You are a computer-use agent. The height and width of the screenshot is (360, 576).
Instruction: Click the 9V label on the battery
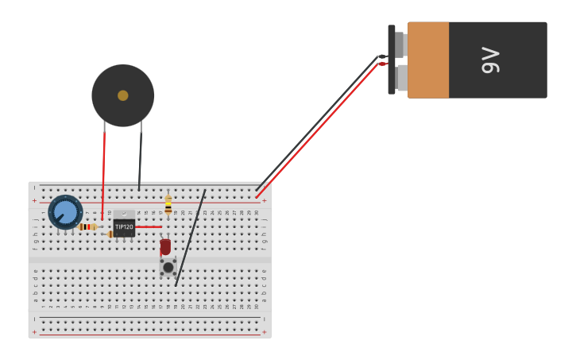point(491,60)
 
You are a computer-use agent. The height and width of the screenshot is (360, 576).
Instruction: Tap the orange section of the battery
point(428,60)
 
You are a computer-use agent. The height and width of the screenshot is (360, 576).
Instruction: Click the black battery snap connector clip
point(392,60)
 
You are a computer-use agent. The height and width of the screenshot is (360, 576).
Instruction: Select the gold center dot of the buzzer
point(122,95)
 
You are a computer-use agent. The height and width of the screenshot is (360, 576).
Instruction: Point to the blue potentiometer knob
point(64,212)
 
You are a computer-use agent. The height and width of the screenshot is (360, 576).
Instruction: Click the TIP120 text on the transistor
point(124,227)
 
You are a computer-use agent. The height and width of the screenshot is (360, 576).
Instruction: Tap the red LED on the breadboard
point(165,247)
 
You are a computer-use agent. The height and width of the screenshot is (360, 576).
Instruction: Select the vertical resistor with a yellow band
point(168,205)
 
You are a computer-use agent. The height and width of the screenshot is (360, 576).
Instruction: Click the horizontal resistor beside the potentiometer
point(87,226)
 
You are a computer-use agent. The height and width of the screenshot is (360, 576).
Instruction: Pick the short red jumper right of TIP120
point(149,226)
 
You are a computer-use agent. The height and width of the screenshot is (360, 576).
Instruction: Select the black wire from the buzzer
point(141,159)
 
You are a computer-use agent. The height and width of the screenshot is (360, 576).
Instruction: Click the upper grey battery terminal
point(401,45)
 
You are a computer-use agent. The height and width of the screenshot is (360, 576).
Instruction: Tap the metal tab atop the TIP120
point(124,214)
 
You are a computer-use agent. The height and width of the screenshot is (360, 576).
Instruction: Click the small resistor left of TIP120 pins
point(110,234)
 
